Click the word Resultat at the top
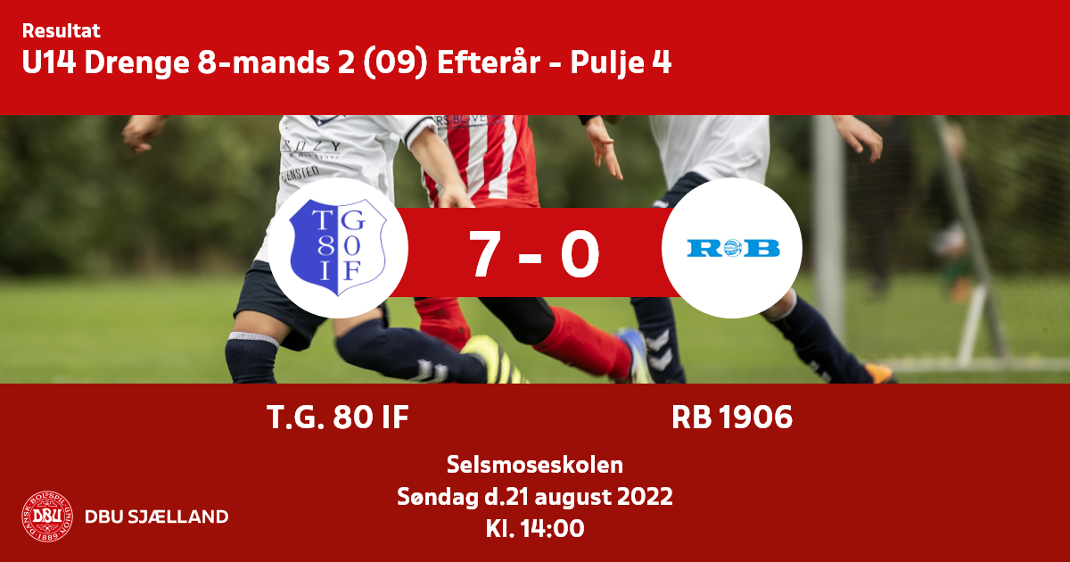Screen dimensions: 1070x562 point(62,31)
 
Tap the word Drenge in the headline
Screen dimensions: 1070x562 point(136,63)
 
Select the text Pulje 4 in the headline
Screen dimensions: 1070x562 point(621,63)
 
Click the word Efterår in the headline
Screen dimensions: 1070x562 point(489,62)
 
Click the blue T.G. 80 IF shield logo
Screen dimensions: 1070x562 point(338,248)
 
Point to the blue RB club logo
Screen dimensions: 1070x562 point(733,248)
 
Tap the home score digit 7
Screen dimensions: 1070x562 point(484,253)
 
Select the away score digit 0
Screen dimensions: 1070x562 point(580,253)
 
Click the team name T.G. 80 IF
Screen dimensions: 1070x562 point(338,417)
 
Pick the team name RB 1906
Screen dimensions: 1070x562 point(732,417)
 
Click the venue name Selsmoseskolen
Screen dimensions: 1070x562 point(535,465)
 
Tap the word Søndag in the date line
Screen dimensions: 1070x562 point(438,497)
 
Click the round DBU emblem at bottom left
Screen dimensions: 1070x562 point(47,517)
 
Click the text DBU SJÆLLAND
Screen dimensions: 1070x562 point(157,517)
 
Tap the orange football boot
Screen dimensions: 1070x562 point(878,373)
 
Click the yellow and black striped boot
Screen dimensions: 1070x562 point(494,360)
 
